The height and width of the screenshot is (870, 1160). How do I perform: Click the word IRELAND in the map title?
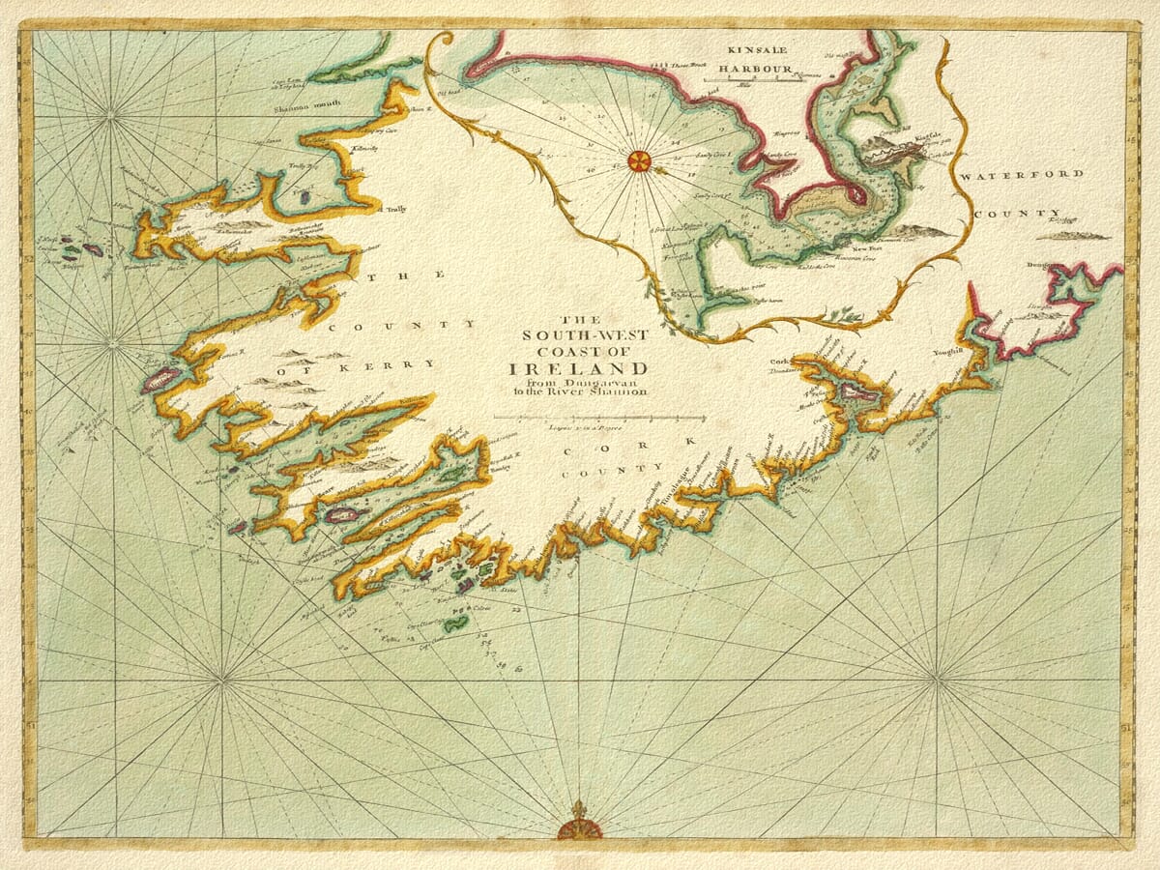click(x=579, y=369)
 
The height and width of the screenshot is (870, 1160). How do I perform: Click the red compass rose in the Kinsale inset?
click(x=638, y=161)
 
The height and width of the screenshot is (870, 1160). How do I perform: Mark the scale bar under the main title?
click(x=599, y=418)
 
